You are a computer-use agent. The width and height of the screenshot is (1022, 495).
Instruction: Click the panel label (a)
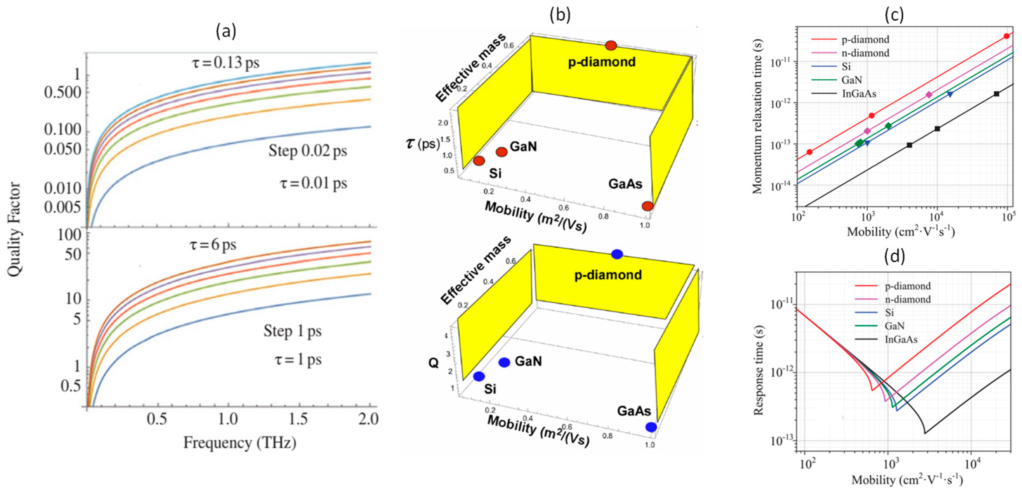tap(226, 31)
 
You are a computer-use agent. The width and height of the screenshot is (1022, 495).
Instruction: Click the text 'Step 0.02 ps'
tap(308, 151)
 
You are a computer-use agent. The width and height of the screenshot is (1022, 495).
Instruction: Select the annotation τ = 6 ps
tap(213, 245)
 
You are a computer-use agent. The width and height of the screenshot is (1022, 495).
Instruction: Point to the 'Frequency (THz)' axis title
tap(240, 443)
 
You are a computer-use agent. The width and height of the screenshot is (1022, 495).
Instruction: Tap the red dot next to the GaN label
tap(502, 152)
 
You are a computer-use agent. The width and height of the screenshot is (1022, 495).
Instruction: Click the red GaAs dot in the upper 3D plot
tap(648, 206)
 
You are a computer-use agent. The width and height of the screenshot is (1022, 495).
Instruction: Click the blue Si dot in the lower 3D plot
tap(479, 376)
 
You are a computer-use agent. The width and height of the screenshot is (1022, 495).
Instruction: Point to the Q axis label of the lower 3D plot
tap(433, 363)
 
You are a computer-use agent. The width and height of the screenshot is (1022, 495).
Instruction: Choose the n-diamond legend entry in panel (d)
tap(907, 299)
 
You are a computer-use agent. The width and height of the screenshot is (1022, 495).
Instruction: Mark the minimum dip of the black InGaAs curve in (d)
tap(925, 433)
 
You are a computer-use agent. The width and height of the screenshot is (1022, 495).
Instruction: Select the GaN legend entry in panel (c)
tap(851, 80)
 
